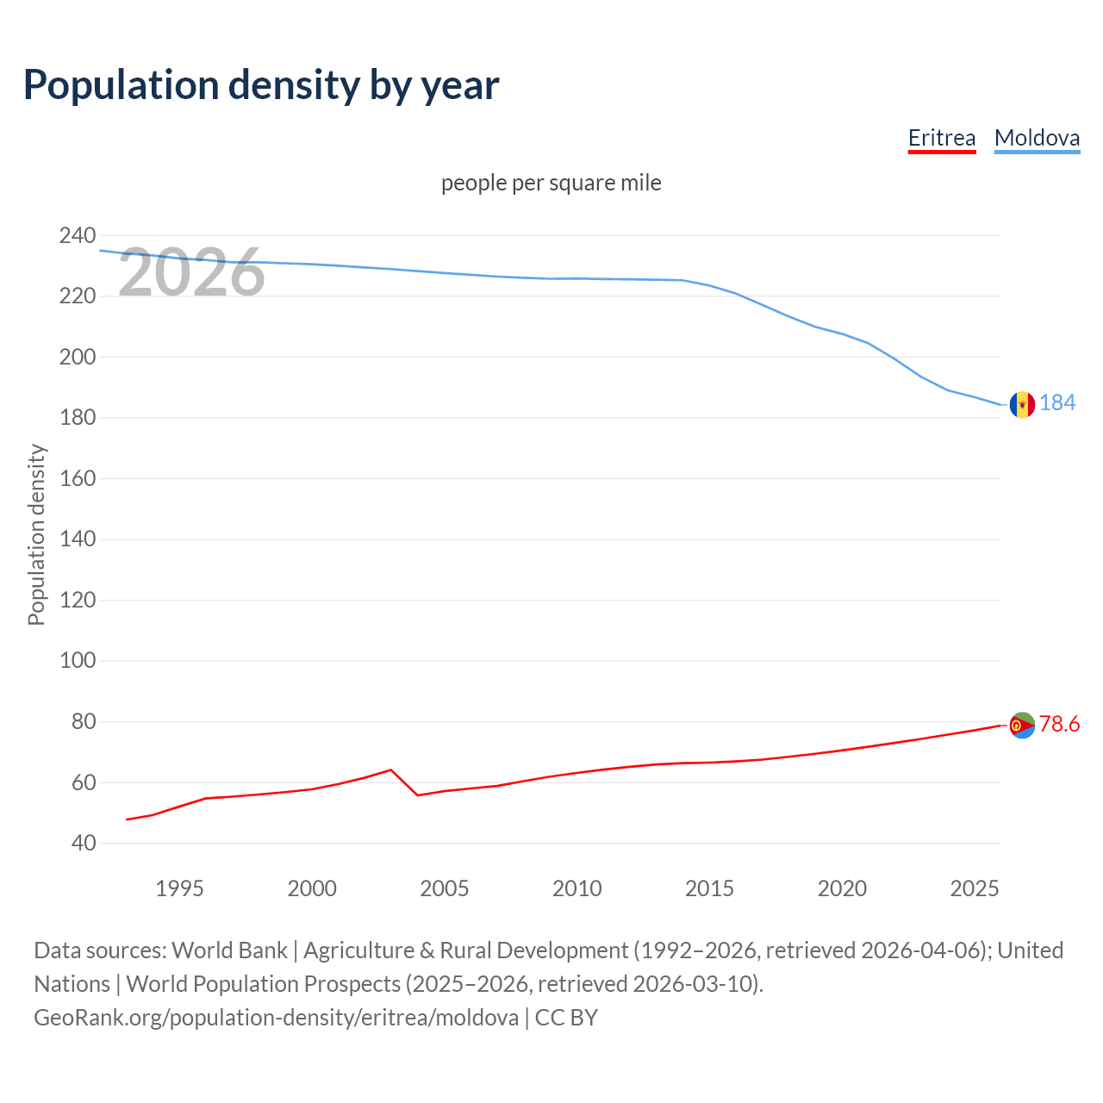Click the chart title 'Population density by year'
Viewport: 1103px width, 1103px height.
click(261, 85)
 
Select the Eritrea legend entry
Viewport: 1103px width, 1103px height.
click(941, 138)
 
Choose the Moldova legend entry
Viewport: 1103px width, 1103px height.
click(1037, 138)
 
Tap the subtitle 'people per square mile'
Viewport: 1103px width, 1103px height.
click(551, 183)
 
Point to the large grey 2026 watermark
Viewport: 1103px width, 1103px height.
click(191, 273)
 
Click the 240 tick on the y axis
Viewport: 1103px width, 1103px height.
click(78, 235)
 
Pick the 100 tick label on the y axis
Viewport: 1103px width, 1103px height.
click(78, 661)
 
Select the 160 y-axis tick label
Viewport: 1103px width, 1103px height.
click(78, 478)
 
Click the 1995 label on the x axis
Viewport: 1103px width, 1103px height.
click(179, 888)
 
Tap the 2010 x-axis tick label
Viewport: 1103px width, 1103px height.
click(576, 888)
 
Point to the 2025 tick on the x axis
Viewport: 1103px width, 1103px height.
click(974, 888)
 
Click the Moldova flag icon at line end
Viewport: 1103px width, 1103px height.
click(1022, 404)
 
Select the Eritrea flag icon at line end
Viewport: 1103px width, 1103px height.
click(1022, 726)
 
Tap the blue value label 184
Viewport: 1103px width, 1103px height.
click(1057, 402)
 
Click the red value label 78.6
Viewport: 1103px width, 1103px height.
click(1059, 724)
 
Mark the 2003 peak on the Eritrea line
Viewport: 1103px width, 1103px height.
click(391, 770)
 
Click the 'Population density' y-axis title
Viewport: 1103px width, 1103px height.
click(36, 534)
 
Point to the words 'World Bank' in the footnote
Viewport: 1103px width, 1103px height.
click(229, 950)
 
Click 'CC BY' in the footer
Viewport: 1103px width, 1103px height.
click(566, 1017)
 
